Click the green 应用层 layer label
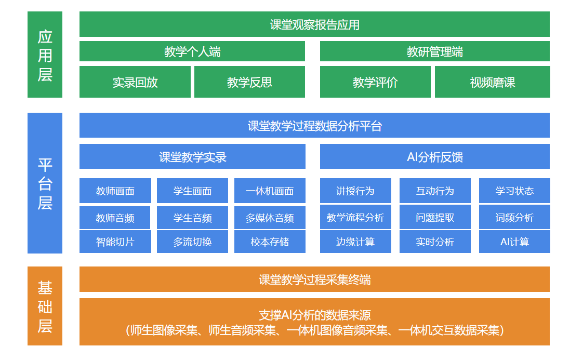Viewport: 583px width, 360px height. click(x=45, y=55)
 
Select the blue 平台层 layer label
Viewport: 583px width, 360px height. click(x=45, y=183)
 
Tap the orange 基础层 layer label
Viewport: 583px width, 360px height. click(x=45, y=305)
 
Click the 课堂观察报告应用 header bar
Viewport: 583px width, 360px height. click(x=314, y=24)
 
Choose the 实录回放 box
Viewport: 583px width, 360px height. click(x=135, y=82)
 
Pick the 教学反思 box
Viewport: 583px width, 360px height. click(x=249, y=82)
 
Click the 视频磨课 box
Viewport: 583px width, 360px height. click(x=492, y=82)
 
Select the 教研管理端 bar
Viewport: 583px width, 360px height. click(x=434, y=51)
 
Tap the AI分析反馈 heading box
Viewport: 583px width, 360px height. click(x=434, y=156)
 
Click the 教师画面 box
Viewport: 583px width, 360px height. click(x=115, y=191)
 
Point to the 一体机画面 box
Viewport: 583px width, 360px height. click(x=270, y=191)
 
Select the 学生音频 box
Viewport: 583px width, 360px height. click(x=192, y=218)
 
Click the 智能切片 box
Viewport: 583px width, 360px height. click(x=115, y=242)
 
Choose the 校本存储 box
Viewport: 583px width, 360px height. click(x=270, y=242)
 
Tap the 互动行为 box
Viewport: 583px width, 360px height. click(x=435, y=191)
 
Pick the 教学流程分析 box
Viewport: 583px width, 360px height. click(x=355, y=217)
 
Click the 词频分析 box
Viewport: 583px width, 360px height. click(x=514, y=217)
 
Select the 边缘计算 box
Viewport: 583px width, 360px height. click(x=355, y=242)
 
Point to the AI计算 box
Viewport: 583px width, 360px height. click(x=514, y=242)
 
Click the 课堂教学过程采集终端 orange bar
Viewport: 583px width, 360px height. click(x=314, y=279)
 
